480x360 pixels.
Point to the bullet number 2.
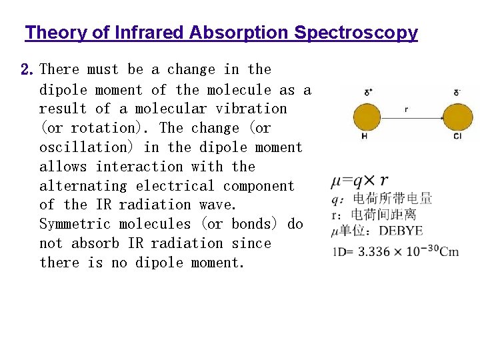click(27, 69)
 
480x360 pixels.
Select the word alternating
click(83, 185)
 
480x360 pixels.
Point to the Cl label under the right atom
click(457, 137)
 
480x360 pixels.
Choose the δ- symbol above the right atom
click(457, 92)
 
